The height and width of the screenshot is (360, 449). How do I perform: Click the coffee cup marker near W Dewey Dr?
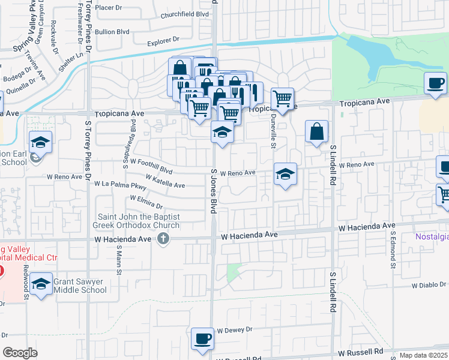tap(202, 338)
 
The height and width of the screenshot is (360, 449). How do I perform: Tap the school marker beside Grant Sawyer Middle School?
tap(41, 285)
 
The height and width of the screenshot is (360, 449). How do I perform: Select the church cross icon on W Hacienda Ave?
tap(163, 239)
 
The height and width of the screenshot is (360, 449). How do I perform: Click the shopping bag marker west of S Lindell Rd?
tap(316, 131)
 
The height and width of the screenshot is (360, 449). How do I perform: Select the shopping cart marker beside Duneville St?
tap(282, 97)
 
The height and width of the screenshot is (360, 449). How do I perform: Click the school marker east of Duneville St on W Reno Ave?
tap(286, 175)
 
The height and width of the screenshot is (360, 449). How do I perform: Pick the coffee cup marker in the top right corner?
tap(435, 83)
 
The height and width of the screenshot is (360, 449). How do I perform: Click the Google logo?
tap(20, 353)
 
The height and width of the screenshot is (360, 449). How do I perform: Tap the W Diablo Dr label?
tap(429, 285)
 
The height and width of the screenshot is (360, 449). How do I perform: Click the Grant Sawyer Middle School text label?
tap(80, 285)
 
